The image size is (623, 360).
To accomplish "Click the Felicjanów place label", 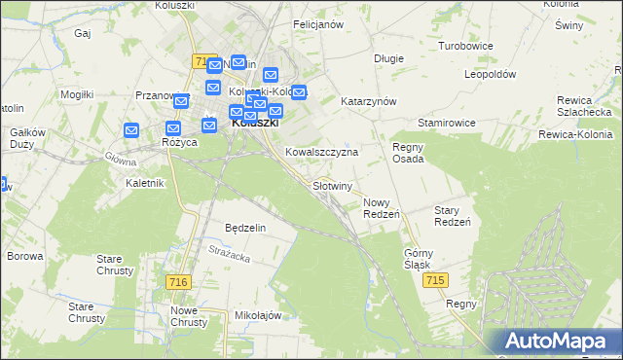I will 318,24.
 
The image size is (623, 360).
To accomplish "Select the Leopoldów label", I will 490,74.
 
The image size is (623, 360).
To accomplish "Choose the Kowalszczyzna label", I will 322,153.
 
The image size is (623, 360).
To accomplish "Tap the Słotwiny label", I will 331,185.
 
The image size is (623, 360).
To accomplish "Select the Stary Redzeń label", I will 452,216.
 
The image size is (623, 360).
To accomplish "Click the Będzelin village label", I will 245,227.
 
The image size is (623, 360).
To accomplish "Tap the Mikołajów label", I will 258,316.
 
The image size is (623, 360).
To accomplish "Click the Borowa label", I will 25,257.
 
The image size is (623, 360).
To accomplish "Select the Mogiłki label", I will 76,94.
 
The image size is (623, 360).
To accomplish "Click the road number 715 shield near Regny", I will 435,280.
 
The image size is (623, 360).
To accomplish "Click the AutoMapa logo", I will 557,342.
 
